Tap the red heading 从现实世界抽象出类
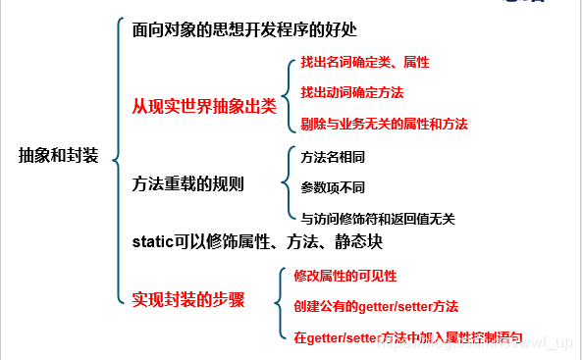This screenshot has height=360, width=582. click(204, 106)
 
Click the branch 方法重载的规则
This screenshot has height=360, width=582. click(187, 183)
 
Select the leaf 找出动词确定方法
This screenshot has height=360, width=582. click(351, 92)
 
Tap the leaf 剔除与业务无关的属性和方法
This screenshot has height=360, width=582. click(384, 124)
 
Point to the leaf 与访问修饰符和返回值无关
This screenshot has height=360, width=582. click(377, 218)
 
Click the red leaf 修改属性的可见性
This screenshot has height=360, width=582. click(344, 276)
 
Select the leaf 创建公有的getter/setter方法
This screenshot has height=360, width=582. click(376, 306)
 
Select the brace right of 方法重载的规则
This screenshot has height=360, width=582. click(286, 184)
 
